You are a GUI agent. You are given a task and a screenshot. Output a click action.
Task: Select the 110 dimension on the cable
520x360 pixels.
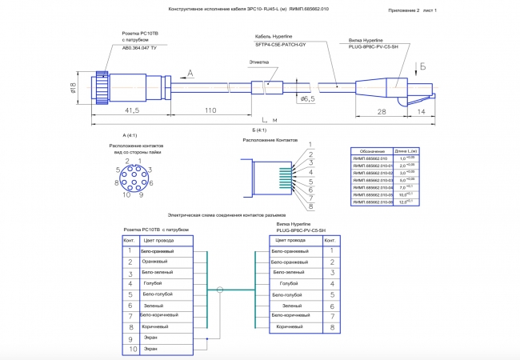pos(211,110)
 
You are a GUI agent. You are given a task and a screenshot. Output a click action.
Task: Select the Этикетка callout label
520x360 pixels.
pos(258,62)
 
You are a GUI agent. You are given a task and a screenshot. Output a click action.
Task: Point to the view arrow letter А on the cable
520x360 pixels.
pos(190,73)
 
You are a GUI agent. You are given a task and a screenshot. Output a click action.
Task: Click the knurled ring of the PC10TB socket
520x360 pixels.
pos(101,83)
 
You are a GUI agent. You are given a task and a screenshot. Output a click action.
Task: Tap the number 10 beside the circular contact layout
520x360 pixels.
pos(126,194)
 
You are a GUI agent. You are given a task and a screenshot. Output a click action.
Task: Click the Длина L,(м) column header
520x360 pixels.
pos(406,150)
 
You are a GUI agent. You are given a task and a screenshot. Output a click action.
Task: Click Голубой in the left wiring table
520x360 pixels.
pos(152,283)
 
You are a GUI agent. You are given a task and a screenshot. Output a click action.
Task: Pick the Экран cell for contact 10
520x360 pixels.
pos(150,349)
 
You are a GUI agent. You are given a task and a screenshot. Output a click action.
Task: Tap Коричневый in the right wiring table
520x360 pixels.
pos(290,327)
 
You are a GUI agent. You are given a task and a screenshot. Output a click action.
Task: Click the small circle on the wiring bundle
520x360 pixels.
pos(220,290)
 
